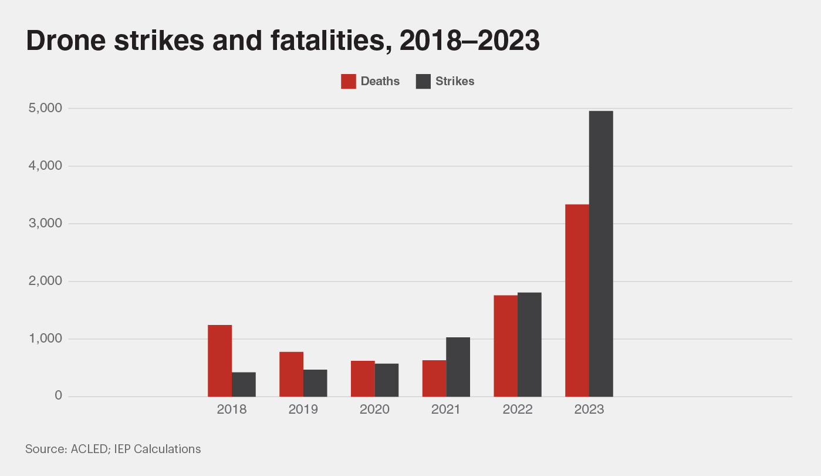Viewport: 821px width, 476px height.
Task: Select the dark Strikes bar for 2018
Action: click(244, 384)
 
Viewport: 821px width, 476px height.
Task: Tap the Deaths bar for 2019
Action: click(291, 374)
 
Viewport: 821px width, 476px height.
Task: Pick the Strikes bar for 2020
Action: click(387, 380)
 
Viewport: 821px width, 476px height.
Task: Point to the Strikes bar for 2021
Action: click(458, 367)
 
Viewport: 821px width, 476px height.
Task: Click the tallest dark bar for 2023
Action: click(601, 253)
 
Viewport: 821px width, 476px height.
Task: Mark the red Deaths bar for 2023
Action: click(577, 300)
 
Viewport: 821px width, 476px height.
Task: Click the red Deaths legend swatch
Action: click(349, 82)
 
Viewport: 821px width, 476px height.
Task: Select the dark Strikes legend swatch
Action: click(423, 82)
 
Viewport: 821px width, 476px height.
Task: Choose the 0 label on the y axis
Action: click(58, 396)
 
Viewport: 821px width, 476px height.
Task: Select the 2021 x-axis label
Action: click(446, 410)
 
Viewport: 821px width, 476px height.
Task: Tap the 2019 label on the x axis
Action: click(303, 410)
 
